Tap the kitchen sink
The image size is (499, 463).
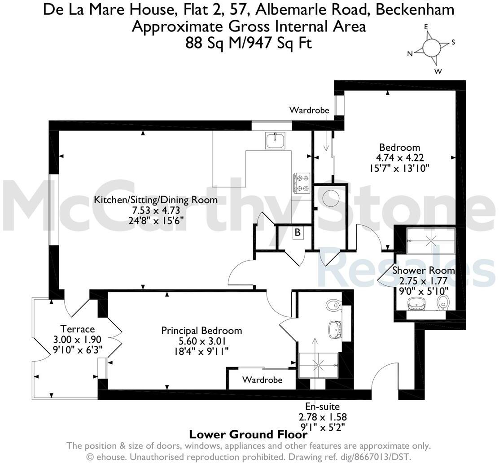pyautogui.click(x=276, y=141)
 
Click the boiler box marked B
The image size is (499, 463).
pyautogui.click(x=298, y=232)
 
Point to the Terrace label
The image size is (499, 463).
pyautogui.click(x=77, y=329)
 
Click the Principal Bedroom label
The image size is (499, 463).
pyautogui.click(x=201, y=331)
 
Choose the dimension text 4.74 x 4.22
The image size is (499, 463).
pyautogui.click(x=400, y=157)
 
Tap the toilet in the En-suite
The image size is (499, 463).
pyautogui.click(x=334, y=306)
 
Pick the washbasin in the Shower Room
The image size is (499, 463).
pyautogui.click(x=416, y=304)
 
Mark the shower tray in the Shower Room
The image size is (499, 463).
pyautogui.click(x=431, y=241)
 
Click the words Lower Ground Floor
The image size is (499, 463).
pyautogui.click(x=248, y=434)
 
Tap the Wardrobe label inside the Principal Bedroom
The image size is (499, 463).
pyautogui.click(x=262, y=380)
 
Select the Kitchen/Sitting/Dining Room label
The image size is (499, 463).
pyautogui.click(x=156, y=200)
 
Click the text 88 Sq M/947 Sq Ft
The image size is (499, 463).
pyautogui.click(x=249, y=42)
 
